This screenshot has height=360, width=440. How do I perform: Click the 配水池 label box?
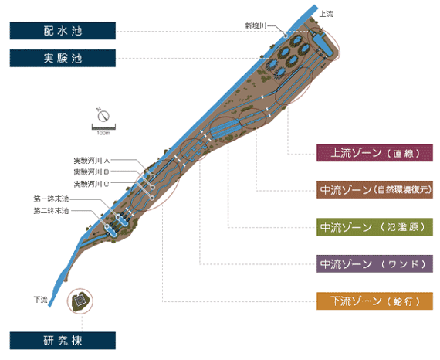tap(63, 31)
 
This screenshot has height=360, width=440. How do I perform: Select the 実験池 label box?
tap(63, 58)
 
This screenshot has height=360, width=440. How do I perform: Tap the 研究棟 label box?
tap(63, 341)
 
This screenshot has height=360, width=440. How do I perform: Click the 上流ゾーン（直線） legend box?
tap(374, 153)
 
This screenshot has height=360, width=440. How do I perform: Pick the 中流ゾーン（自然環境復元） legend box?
tap(374, 190)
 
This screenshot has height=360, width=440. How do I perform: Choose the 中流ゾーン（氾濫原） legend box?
tap(374, 227)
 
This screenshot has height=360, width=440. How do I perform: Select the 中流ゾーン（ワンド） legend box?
tap(374, 263)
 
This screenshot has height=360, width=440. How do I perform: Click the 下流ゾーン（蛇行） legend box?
tap(374, 301)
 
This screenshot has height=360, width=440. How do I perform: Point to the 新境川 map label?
tap(256, 25)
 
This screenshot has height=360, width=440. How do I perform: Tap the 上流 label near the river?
tap(327, 14)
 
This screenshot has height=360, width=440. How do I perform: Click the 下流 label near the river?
tap(41, 300)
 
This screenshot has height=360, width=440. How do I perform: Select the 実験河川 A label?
tap(92, 161)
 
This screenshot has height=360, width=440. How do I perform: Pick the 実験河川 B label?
tap(92, 172)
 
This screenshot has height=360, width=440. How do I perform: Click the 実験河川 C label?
tap(92, 184)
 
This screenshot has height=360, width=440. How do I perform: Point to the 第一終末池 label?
tap(52, 199)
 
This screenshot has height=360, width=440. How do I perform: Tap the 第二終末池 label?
tap(52, 211)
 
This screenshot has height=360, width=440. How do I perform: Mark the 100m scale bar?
tap(103, 127)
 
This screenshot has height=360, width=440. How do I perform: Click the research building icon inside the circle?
tap(80, 301)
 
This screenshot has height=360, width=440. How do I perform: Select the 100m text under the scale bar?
tap(103, 133)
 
